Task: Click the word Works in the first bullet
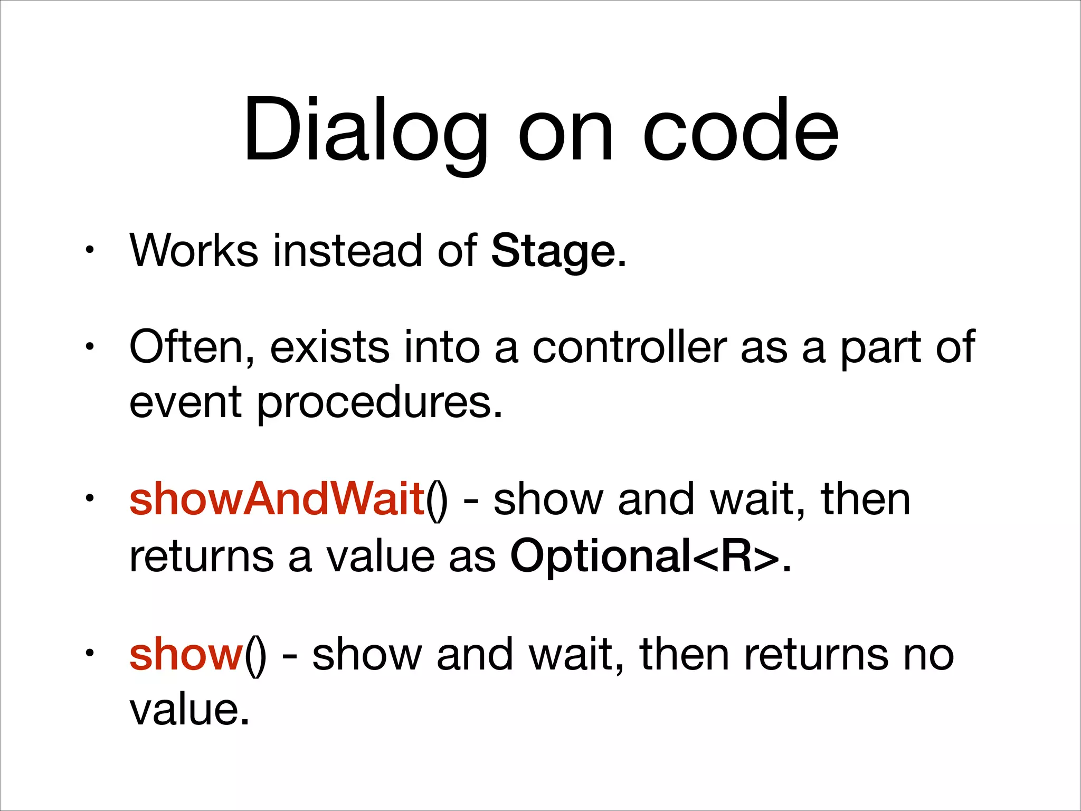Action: coord(194,251)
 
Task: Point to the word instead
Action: coord(347,251)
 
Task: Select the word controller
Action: coord(629,347)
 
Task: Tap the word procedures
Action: coord(379,402)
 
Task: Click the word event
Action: coord(185,402)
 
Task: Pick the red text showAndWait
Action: coord(277,499)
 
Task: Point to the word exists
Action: coord(329,347)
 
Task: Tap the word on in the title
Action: coord(566,132)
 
